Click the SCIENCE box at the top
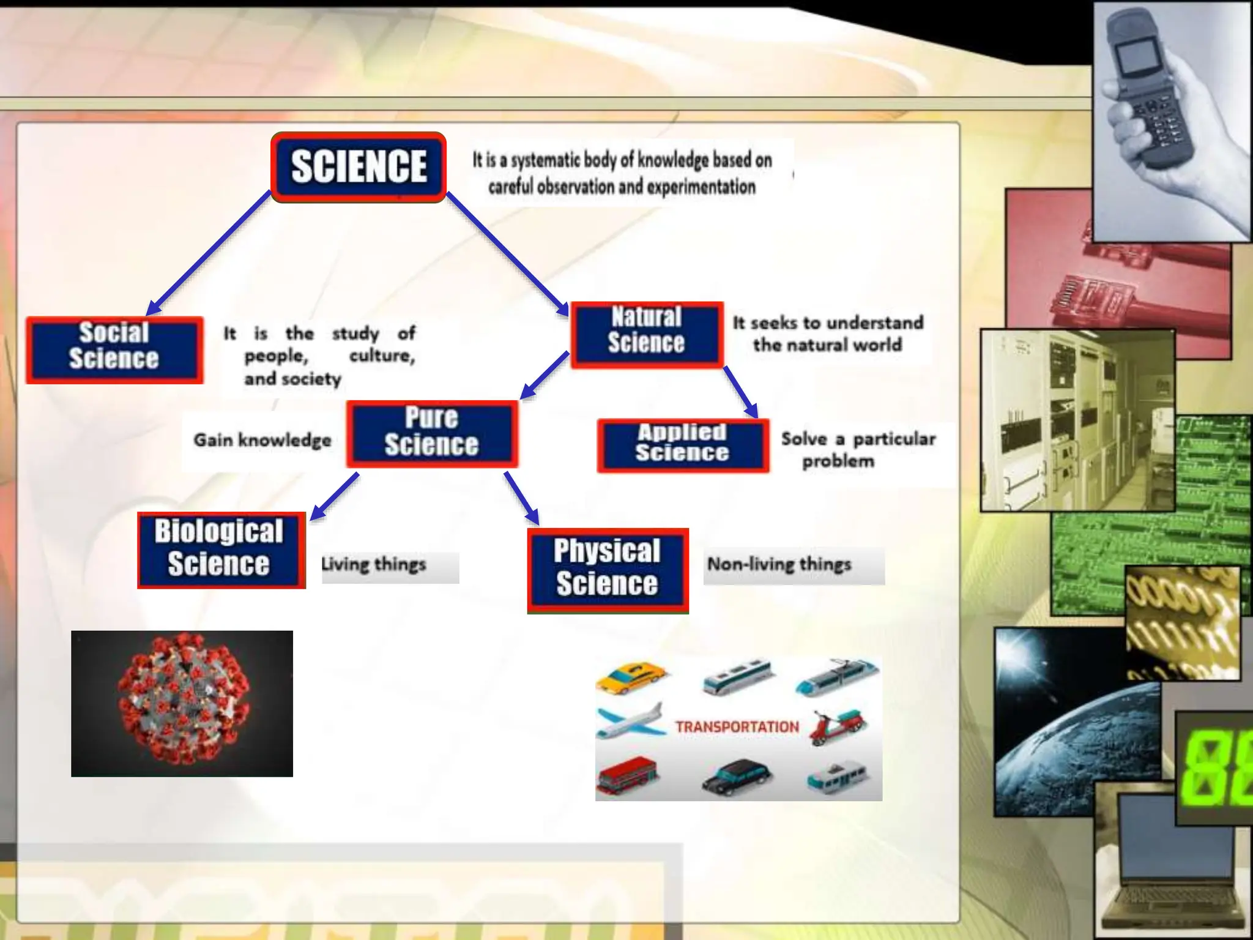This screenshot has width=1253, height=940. point(359,167)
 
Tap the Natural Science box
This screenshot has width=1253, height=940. point(647,334)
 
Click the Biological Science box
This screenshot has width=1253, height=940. point(220,550)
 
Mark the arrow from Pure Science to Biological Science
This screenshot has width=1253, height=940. point(334,496)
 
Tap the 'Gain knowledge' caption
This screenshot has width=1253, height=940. point(262,440)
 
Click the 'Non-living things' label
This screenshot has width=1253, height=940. point(779,564)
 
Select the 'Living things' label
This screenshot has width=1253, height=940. point(374,564)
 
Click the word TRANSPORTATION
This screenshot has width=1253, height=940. point(737,727)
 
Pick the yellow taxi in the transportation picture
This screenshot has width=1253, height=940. point(630,677)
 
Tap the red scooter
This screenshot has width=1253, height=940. point(837,726)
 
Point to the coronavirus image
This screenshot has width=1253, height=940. point(182,704)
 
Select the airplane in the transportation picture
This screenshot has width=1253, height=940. point(630,722)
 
